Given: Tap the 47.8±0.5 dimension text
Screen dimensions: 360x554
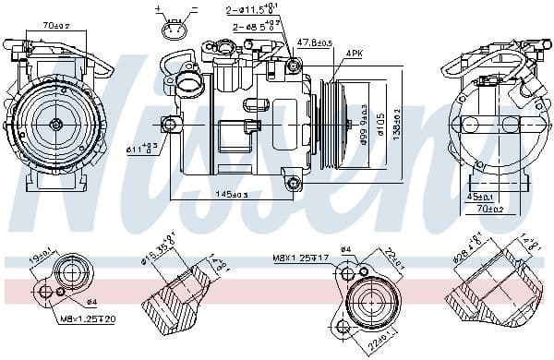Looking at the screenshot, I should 313,42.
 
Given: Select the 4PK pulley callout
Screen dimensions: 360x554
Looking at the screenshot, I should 354,54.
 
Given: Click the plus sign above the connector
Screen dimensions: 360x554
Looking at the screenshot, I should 158,8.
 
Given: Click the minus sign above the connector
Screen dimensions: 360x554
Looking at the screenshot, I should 193,8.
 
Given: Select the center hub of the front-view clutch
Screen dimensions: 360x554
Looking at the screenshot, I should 55,124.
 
